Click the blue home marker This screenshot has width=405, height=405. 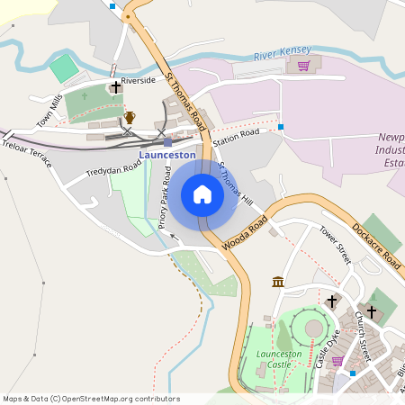tap(202, 194)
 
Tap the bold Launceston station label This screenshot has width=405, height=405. tap(167, 155)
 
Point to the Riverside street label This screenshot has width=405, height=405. tap(139, 80)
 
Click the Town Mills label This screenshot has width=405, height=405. tap(50, 109)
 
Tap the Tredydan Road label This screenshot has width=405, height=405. tap(114, 161)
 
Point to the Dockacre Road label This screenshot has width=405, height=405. tap(376, 243)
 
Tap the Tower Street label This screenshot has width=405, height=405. tap(334, 245)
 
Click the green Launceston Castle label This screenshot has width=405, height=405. tap(279, 359)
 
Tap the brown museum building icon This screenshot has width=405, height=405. tap(278, 283)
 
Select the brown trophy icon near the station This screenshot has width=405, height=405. tap(130, 117)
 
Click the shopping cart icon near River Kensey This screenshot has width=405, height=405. tap(304, 66)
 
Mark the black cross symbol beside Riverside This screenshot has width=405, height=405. tap(115, 87)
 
